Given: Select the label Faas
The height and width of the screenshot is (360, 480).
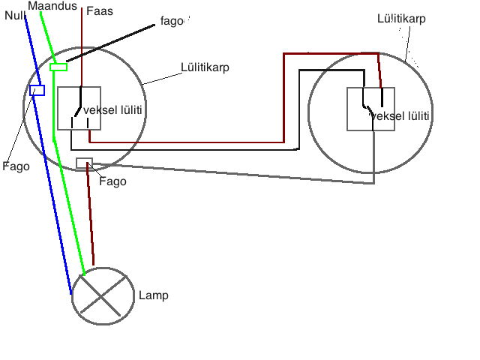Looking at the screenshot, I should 100,10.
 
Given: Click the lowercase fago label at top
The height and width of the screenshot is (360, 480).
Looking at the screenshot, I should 172,21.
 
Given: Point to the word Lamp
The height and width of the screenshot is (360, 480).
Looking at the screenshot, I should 154,295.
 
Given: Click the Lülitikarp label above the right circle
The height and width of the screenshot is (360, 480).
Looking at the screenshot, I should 401,18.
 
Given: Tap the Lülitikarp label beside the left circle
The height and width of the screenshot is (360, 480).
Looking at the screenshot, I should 205,67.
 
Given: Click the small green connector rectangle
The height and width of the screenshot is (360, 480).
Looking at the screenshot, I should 58,67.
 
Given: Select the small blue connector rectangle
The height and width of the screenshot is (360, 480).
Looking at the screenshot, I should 37,91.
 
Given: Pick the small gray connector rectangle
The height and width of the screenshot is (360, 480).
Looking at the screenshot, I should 84,163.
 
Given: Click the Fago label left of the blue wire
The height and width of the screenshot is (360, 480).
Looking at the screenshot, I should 16,166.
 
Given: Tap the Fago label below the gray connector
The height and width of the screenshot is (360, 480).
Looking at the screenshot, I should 112,181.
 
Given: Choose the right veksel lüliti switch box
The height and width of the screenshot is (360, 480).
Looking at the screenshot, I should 370,109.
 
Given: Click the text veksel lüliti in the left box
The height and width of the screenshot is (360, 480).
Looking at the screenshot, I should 113,110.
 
